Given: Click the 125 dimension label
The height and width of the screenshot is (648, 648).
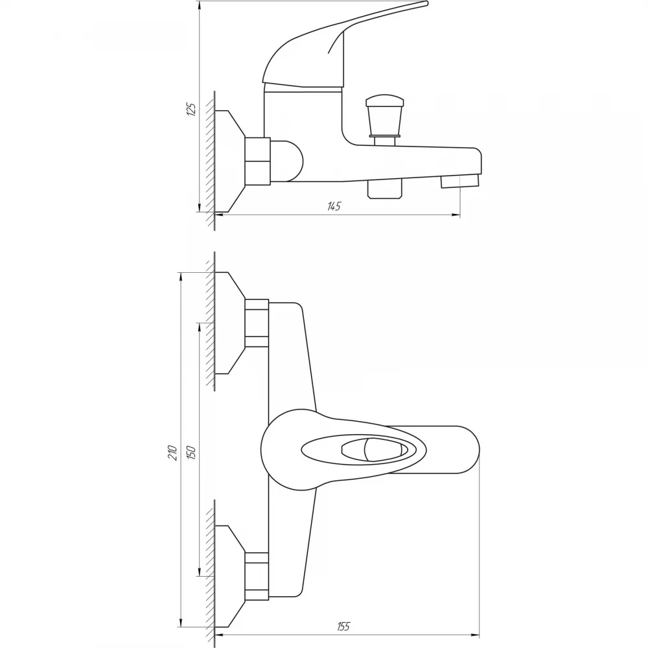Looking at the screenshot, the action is click(x=192, y=109).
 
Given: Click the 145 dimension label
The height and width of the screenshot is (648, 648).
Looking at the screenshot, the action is click(x=334, y=206).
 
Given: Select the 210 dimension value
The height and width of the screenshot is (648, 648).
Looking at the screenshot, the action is click(x=173, y=453).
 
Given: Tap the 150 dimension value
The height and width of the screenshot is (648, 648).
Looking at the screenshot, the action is click(x=191, y=452).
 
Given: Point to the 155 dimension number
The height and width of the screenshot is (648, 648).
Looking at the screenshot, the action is click(x=343, y=626).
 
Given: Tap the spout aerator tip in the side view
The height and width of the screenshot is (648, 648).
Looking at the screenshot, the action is click(x=460, y=181).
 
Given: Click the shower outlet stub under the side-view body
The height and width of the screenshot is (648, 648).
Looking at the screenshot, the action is click(x=385, y=189).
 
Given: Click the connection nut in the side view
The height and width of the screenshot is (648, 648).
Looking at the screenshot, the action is click(x=257, y=161).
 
